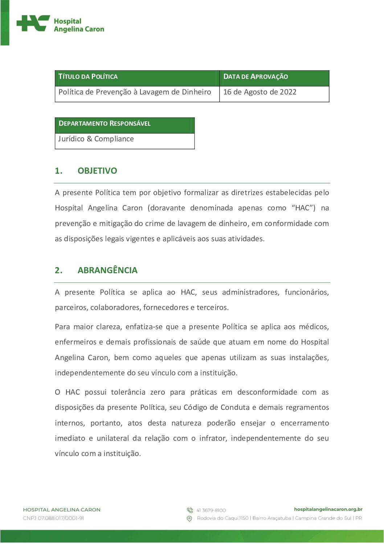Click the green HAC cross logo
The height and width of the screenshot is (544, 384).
(x=33, y=24)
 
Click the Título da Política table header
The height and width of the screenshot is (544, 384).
(x=88, y=77)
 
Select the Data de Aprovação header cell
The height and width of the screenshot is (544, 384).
(x=256, y=77)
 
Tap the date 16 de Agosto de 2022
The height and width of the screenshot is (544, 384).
(x=260, y=92)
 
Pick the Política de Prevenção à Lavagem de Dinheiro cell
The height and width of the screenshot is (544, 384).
(x=135, y=92)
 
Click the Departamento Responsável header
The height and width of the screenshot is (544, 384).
(x=105, y=124)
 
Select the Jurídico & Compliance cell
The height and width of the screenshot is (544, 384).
(x=96, y=139)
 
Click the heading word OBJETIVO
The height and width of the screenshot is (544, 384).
(x=97, y=171)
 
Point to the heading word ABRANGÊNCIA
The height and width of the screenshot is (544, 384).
(x=107, y=270)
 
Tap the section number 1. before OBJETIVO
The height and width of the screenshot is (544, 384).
(x=58, y=171)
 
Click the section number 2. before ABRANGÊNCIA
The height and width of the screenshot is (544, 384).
(x=58, y=270)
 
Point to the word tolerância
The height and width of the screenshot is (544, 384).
(x=128, y=392)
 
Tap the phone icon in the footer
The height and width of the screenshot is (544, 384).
(x=190, y=510)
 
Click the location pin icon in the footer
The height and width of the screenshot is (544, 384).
(x=189, y=519)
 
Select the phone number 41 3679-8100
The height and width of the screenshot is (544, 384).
(x=211, y=510)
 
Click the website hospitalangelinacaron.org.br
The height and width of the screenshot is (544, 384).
(x=328, y=509)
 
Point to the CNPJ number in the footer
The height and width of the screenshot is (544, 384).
(x=53, y=518)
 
